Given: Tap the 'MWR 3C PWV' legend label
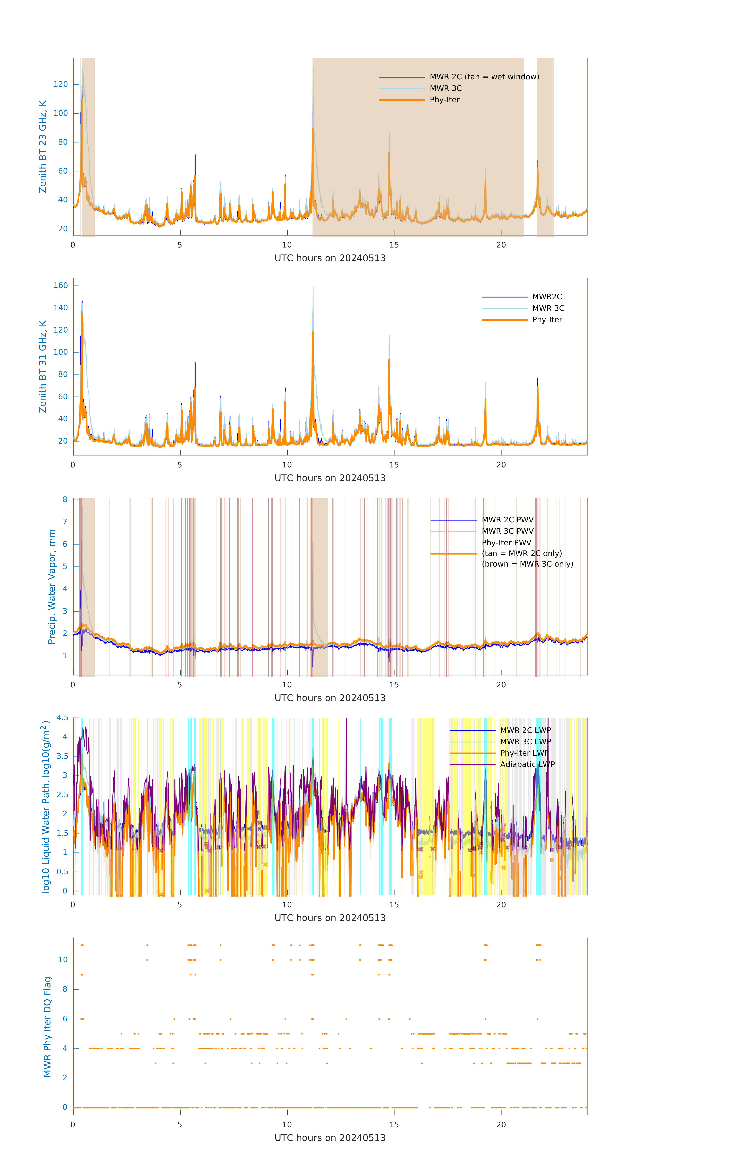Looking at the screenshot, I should point(507,531).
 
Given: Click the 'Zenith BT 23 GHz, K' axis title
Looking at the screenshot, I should point(43,147).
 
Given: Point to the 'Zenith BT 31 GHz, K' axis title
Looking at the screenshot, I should point(43,366).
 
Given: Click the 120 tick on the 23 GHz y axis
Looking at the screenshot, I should point(61,84).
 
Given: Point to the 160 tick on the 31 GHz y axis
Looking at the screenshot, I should point(61,285).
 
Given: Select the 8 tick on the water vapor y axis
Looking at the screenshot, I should point(65,499).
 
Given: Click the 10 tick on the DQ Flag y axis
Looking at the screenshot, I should point(63,960).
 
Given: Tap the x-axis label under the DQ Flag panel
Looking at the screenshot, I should point(330,1138).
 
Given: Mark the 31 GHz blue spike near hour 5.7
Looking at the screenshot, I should point(195,363).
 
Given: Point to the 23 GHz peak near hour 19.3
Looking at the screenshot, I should point(485,181).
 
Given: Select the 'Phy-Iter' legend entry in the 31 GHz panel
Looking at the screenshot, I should point(547,320).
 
